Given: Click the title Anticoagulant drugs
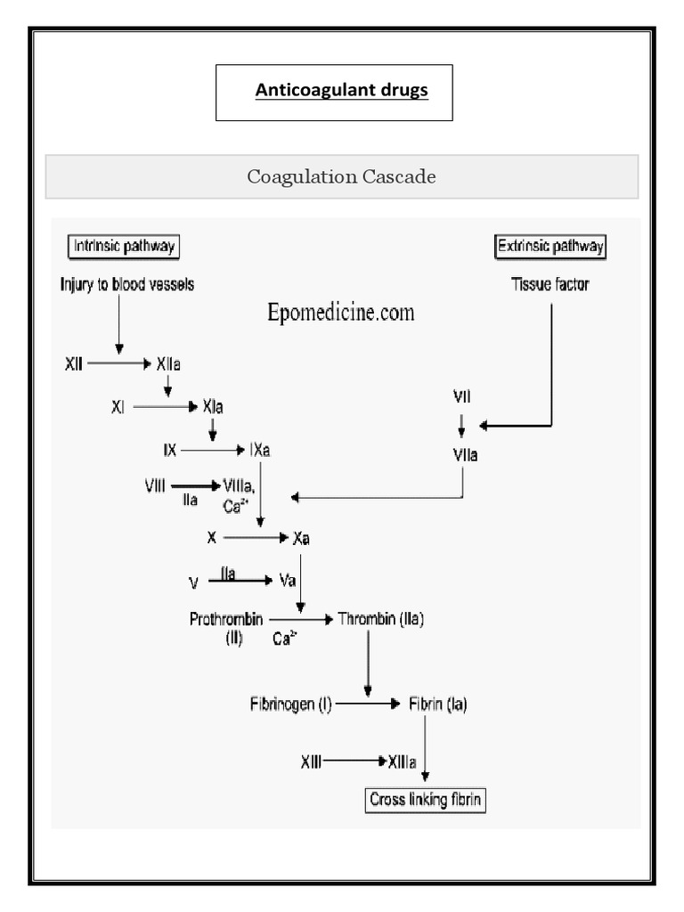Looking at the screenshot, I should click(x=342, y=91).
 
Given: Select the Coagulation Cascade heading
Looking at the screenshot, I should click(x=342, y=176).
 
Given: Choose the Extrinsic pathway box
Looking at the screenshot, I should click(x=550, y=247).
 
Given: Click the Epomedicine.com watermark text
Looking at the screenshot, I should click(x=341, y=313).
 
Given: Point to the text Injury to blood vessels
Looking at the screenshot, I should click(x=126, y=285).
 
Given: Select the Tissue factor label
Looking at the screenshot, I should click(x=550, y=286).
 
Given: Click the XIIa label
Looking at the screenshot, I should click(x=171, y=364).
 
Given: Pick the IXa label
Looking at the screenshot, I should click(x=259, y=451).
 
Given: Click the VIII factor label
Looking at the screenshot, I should click(x=156, y=485).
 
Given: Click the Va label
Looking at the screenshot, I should click(x=288, y=581).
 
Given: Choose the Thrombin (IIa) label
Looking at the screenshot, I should click(x=381, y=618).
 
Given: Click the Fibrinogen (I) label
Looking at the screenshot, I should click(x=290, y=704).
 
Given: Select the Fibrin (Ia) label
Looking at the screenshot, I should click(x=437, y=704).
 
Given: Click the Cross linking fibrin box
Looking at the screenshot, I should click(x=426, y=799).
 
